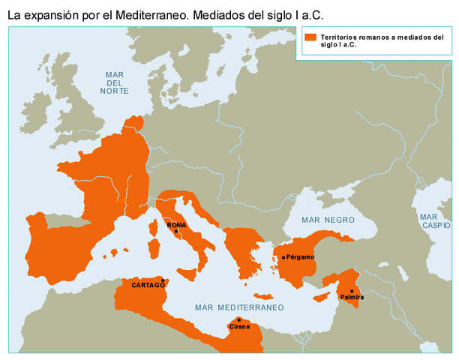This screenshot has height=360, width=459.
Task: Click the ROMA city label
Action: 176,225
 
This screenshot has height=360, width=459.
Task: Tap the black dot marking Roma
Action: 175,232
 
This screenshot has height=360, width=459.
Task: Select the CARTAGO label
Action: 148,285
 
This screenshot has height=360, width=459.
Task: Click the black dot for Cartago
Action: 163,280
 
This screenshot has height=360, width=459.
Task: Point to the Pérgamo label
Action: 300,257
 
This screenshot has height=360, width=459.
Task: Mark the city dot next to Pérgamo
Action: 283,257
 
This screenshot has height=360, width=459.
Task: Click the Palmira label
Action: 352,298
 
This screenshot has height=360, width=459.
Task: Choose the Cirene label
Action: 240,326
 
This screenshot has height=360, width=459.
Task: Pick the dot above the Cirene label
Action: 239,319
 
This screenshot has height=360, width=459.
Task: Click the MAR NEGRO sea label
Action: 327,220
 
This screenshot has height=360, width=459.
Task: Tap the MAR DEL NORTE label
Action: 114,82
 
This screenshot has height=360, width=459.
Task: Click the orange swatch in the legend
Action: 310,37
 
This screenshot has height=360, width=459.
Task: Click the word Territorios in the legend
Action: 340,37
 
